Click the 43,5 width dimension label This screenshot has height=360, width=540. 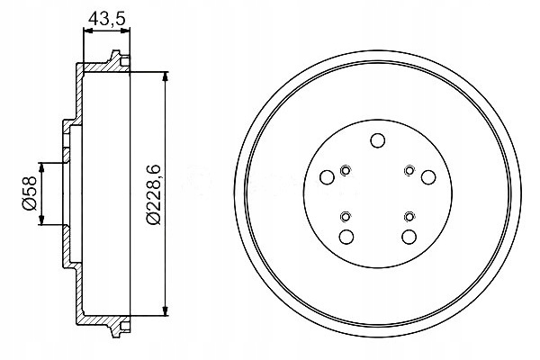[x=106, y=18]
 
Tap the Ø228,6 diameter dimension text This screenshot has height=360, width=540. [x=153, y=194]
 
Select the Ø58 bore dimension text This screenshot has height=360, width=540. [x=29, y=193]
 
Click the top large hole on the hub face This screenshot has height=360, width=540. [x=377, y=140]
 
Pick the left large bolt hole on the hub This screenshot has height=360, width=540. [x=327, y=178]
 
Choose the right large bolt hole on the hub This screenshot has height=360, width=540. [x=428, y=177]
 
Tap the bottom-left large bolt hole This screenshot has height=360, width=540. [x=346, y=237]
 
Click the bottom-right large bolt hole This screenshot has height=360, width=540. [x=409, y=237]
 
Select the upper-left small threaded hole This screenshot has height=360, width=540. [x=345, y=170]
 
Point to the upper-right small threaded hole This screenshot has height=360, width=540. [x=409, y=170]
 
